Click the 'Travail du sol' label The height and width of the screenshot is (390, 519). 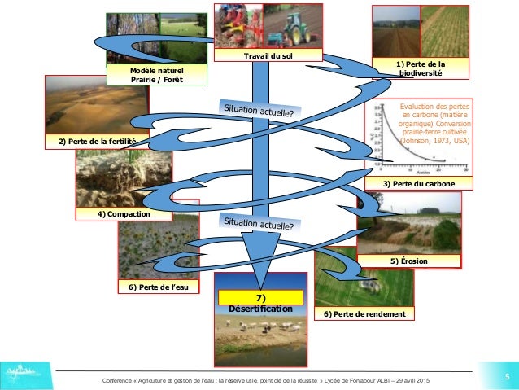268,55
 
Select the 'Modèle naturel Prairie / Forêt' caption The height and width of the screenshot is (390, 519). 157,76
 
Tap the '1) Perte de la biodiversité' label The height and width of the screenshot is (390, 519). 421,68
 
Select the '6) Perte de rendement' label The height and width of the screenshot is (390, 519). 364,313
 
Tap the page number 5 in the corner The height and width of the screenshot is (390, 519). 506,376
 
